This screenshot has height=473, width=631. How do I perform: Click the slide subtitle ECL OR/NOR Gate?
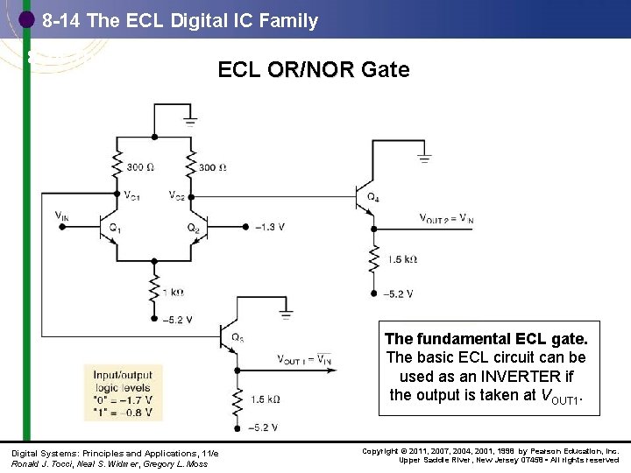[x=313, y=70]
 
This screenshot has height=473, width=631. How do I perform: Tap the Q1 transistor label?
[x=114, y=228]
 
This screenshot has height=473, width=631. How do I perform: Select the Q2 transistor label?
[x=193, y=228]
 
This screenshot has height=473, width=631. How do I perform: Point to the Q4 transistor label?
[x=372, y=197]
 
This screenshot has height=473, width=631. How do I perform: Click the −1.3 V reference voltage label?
[x=269, y=227]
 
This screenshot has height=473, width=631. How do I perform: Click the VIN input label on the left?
[x=61, y=215]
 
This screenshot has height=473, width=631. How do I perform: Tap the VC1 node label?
[x=131, y=194]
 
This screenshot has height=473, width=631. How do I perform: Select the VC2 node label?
[x=177, y=194]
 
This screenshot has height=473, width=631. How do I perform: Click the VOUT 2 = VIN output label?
[x=446, y=219]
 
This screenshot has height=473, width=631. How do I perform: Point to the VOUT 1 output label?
[x=304, y=359]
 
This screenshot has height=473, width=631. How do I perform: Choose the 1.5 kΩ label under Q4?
[x=401, y=260]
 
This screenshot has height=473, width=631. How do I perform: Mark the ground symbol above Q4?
[x=424, y=159]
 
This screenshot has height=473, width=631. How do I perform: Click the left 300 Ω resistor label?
[x=141, y=167]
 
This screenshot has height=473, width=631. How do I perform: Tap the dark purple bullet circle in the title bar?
[x=27, y=20]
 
